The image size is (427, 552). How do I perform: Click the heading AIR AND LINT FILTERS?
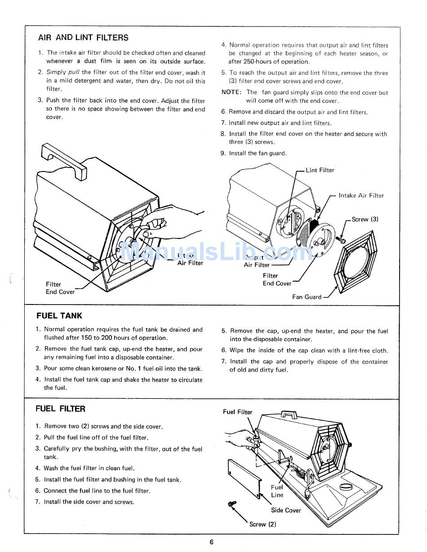[83, 38]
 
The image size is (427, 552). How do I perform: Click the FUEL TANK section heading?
[59, 316]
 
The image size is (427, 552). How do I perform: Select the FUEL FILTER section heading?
[60, 409]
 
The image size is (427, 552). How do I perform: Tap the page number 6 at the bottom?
[211, 542]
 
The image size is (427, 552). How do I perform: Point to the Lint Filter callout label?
[320, 170]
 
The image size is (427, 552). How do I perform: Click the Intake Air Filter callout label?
[361, 195]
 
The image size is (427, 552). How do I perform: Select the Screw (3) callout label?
[365, 219]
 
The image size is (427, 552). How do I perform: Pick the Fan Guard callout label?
[307, 297]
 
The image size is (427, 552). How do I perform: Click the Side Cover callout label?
[286, 510]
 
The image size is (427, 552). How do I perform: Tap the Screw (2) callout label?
[262, 524]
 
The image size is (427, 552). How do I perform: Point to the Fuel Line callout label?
[277, 491]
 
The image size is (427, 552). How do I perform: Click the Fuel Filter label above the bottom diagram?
[238, 412]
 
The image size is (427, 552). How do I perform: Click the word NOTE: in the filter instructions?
[231, 93]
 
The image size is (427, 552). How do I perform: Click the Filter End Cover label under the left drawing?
[60, 288]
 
